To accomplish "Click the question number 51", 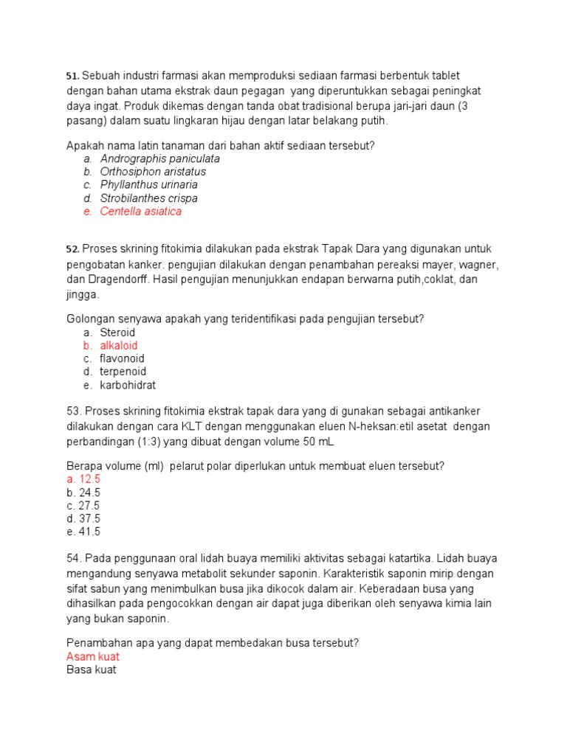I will (72, 76).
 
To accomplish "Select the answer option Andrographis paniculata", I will (160, 159).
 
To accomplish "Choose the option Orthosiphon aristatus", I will (153, 172).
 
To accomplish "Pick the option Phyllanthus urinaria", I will (149, 185).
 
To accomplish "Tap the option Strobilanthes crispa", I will (149, 198).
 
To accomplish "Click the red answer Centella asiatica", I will (141, 212).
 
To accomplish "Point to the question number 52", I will (72, 250).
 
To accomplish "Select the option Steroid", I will (118, 333).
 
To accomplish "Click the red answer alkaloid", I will (119, 346).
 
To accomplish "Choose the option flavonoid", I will (123, 359).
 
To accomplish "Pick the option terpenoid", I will (123, 372).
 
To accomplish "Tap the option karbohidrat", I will (128, 386).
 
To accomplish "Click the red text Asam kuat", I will (93, 656).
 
